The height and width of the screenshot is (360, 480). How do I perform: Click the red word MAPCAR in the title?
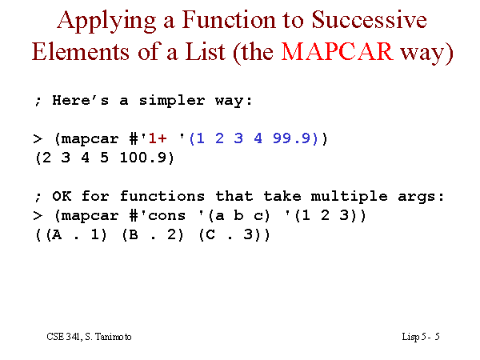pos(338,51)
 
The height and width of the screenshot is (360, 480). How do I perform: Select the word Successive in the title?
pos(369,19)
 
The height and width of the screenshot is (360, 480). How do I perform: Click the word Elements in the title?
pos(81,51)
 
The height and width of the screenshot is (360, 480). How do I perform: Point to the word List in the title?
pos(205,51)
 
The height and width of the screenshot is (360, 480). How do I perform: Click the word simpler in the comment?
pos(172,101)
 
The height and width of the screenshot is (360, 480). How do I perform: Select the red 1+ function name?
pos(158,138)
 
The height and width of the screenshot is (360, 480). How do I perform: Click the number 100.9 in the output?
pos(142,158)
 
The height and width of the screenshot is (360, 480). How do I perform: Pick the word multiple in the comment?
pos(349,197)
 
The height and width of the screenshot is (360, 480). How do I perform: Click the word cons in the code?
pos(167,216)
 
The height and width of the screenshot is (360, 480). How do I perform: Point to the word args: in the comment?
pos(421,197)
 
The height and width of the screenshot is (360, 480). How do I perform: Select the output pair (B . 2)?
pos(153,235)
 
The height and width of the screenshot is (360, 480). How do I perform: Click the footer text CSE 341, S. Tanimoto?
pos(89,337)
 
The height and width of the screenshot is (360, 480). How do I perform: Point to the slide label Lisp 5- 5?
pos(421,337)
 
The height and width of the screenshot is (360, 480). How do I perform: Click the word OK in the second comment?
pos(62,196)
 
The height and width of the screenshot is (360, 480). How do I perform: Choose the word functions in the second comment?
pos(162,196)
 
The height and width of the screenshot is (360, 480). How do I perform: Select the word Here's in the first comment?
pos(80,101)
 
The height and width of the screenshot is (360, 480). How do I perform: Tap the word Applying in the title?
pos(107,21)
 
